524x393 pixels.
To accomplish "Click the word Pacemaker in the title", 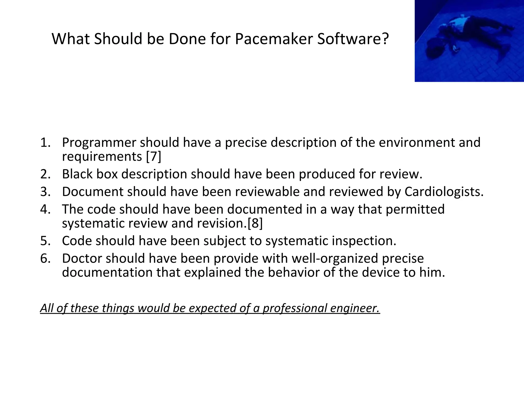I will pyautogui.click(x=274, y=39).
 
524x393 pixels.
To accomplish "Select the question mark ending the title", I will pyautogui.click(x=385, y=39).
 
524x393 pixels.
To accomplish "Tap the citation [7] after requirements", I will pyautogui.click(x=154, y=156).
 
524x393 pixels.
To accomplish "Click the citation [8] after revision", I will pyautogui.click(x=255, y=223).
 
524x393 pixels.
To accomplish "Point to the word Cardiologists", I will pyautogui.click(x=444, y=192).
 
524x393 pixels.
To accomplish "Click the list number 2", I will pyautogui.click(x=45, y=174).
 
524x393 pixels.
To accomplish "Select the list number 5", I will pyautogui.click(x=45, y=241).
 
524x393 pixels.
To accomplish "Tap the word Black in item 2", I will pyautogui.click(x=77, y=174).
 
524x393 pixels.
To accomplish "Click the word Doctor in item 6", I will pyautogui.click(x=82, y=258).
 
